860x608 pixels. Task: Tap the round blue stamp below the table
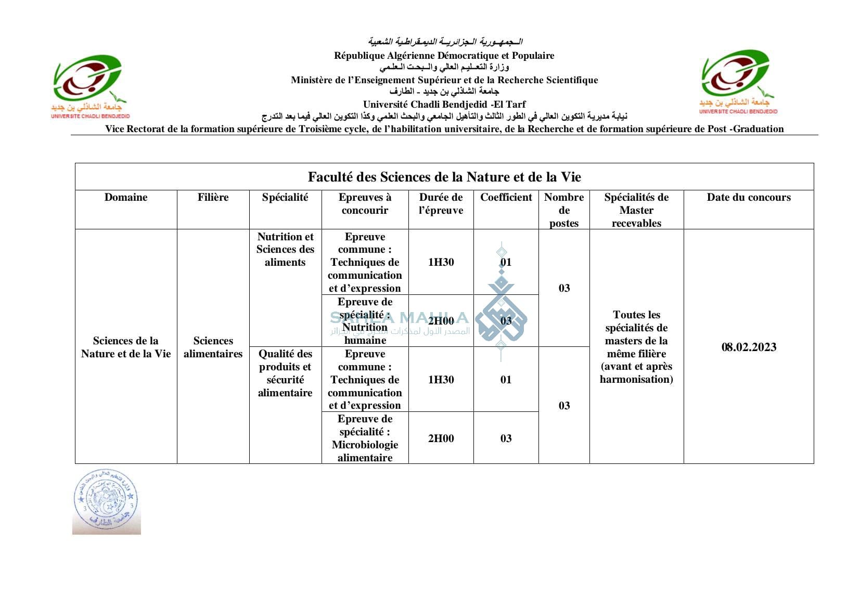point(106,501)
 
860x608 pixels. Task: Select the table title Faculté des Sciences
point(444,177)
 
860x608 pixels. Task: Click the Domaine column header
point(126,198)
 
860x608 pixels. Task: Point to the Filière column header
point(213,198)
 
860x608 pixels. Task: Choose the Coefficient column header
point(506,198)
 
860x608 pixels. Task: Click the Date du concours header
point(748,198)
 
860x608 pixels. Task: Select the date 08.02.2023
point(748,347)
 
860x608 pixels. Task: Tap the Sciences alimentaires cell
point(213,347)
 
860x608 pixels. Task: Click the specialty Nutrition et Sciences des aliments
point(285,250)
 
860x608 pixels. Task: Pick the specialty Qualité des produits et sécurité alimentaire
point(285,373)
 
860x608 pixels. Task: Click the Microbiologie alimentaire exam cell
point(365,438)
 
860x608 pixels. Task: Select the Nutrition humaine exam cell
point(365,321)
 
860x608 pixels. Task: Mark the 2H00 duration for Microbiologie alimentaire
point(441,438)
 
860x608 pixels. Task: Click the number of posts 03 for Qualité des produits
point(564,406)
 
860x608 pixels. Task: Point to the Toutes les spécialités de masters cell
point(636,347)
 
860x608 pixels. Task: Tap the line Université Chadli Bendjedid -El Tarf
point(444,105)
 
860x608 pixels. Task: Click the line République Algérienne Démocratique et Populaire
point(444,56)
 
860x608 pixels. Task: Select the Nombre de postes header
point(564,210)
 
